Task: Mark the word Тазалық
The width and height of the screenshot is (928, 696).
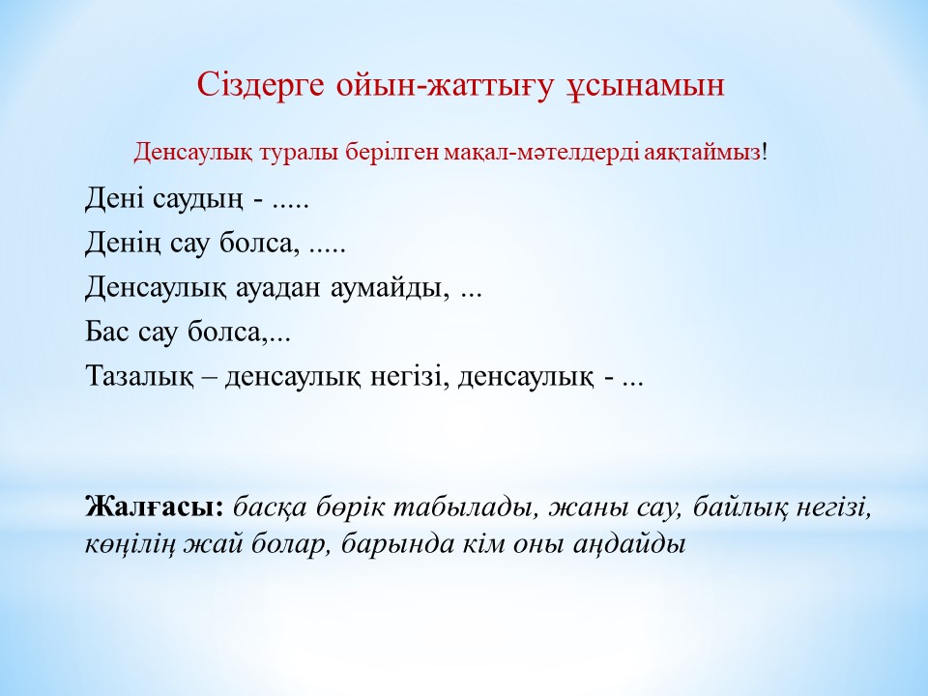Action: tap(139, 377)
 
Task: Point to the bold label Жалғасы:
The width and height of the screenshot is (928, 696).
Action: tap(155, 507)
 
